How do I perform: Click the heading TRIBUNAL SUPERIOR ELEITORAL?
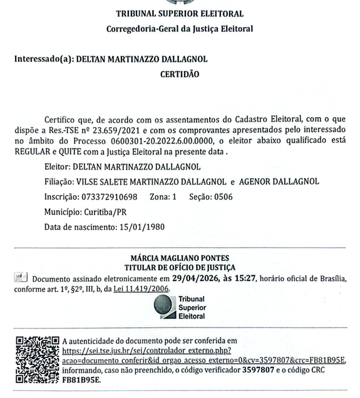click(x=180, y=14)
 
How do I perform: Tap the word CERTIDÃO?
click(x=180, y=74)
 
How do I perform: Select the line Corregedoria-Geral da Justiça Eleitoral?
click(x=180, y=29)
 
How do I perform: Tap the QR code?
click(x=36, y=359)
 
